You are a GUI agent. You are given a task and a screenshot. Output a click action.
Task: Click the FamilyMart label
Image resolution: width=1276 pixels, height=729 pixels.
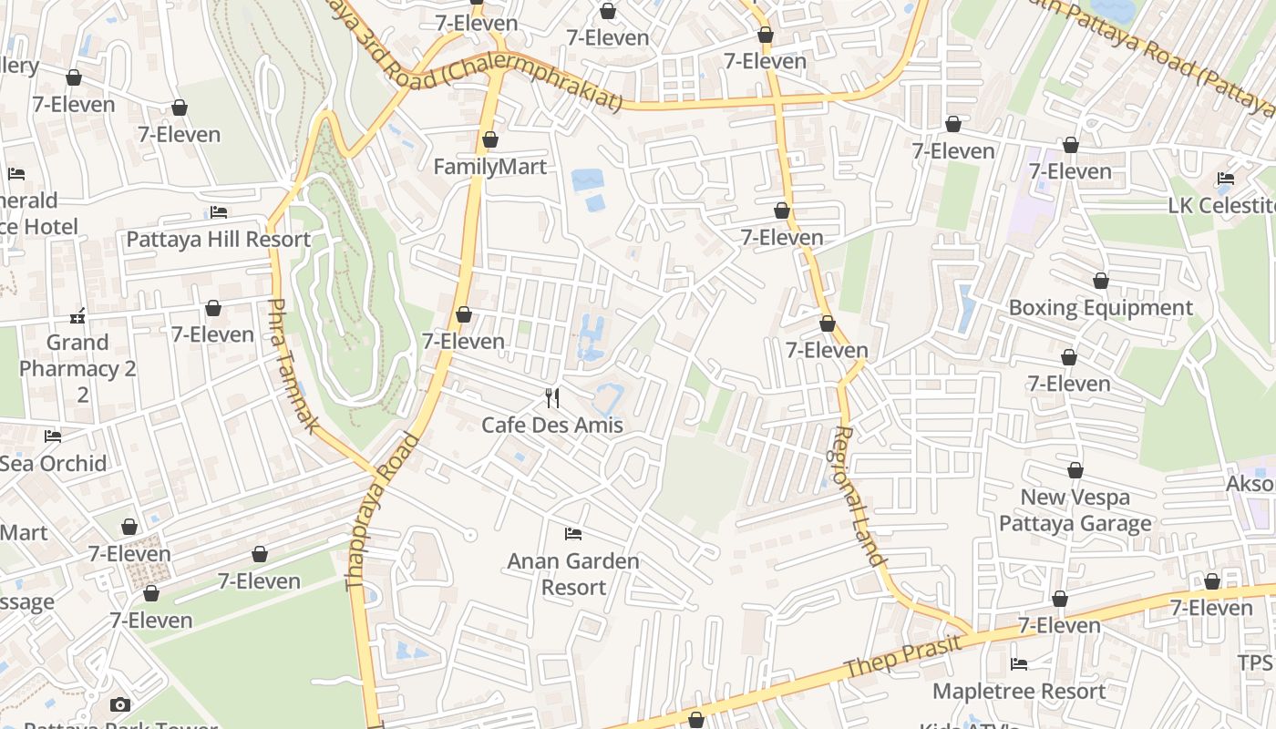(489, 167)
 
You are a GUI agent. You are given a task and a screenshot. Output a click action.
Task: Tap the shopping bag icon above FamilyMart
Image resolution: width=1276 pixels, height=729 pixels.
(489, 139)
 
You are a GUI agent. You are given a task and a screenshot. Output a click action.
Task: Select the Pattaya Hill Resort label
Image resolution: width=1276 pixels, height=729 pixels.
(218, 240)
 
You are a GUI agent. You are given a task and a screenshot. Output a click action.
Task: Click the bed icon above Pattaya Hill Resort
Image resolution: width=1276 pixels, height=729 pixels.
(219, 212)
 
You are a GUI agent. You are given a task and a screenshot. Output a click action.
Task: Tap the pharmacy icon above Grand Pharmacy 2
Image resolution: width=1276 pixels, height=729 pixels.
(77, 316)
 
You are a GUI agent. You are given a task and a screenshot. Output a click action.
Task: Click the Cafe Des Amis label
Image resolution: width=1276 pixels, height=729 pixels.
(552, 425)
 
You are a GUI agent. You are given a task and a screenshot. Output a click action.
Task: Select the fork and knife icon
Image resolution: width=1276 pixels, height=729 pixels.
(551, 397)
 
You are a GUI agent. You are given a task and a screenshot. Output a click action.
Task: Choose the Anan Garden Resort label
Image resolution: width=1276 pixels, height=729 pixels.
(573, 574)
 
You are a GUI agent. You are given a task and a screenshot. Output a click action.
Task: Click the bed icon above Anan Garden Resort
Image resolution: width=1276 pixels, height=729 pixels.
(572, 533)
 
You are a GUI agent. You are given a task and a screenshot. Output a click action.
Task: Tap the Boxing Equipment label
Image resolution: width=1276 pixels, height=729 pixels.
(1100, 308)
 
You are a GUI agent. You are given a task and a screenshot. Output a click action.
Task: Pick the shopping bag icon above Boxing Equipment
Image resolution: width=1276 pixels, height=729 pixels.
(1101, 281)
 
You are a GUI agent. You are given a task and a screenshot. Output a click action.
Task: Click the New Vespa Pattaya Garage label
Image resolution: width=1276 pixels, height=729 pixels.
(1075, 510)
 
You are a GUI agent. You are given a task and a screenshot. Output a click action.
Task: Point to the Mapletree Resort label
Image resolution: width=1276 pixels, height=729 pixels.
(1019, 692)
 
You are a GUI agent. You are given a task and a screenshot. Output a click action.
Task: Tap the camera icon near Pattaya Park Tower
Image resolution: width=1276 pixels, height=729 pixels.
(119, 704)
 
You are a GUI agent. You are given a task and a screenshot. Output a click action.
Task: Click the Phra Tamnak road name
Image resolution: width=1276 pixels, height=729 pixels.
(294, 364)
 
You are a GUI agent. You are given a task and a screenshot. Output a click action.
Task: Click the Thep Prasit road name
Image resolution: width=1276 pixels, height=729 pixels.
(902, 656)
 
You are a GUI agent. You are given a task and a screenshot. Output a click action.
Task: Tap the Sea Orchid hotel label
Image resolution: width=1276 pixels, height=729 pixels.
(53, 463)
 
